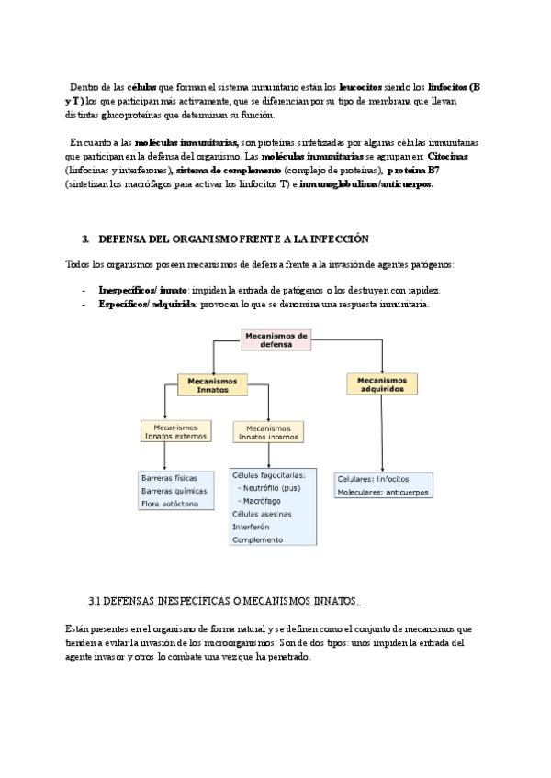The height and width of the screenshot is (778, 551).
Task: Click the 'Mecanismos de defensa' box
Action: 276,339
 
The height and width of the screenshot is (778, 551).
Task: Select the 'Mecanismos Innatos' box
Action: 212,384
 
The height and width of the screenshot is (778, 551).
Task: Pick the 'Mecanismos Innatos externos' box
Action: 175,431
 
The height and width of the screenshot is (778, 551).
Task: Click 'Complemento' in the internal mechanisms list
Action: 258,540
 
